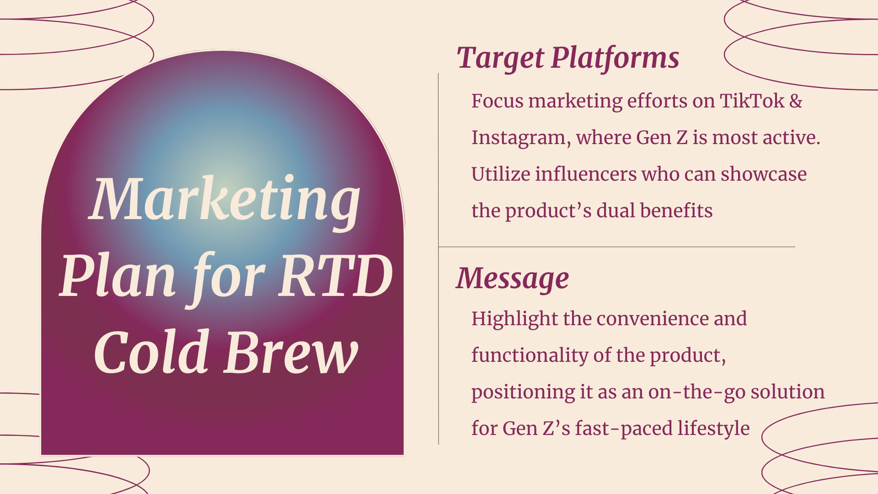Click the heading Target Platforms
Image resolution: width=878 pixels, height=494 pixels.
pos(568,59)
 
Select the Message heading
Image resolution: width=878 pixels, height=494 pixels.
pos(513,279)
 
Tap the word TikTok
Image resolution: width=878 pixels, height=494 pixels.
pos(752,101)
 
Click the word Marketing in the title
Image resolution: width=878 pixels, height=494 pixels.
pos(225,200)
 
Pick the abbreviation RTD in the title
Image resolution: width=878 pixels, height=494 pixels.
pos(336,276)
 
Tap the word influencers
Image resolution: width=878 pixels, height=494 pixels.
pos(586,174)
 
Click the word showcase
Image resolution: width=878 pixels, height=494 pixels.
pos(764,174)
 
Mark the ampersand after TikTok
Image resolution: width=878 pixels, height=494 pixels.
pos(796,101)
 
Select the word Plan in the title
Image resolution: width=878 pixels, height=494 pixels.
pos(118,276)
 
